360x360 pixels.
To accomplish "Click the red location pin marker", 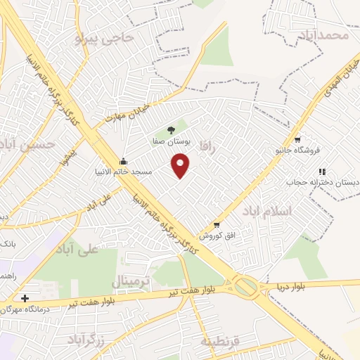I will click(181, 165).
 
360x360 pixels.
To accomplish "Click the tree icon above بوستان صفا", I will click(171, 129).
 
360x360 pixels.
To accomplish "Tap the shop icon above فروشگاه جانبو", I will click(297, 139).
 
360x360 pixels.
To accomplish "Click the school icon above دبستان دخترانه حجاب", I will click(322, 171).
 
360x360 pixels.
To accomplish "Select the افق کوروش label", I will click(215, 236).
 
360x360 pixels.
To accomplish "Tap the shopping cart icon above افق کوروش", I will click(217, 225).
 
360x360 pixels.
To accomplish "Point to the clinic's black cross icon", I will click(25, 297).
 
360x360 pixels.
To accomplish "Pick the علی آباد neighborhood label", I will click(79, 250).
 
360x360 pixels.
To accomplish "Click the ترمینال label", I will click(131, 282).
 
